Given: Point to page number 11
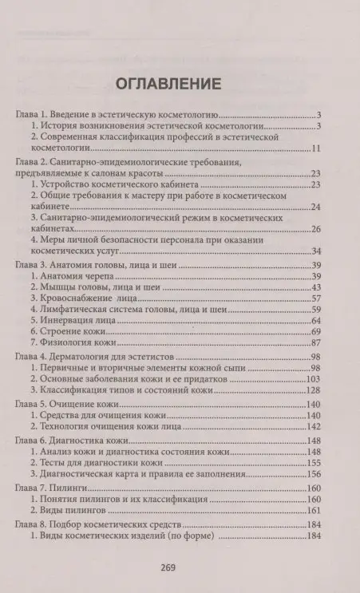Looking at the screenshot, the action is click(x=315, y=149).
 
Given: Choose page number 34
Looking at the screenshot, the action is click(x=315, y=251).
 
